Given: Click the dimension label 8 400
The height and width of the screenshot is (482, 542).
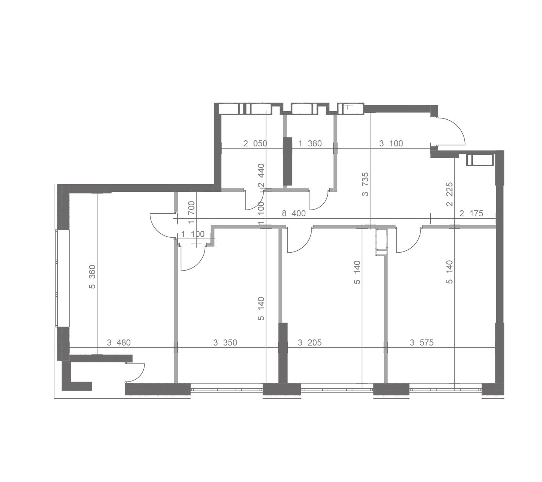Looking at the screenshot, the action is (x=294, y=213).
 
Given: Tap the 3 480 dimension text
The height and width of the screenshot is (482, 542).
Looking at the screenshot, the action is (x=118, y=342).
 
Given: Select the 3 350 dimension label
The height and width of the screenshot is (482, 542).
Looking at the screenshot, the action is (x=225, y=342).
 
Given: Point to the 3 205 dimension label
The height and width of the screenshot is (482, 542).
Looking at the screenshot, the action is (x=310, y=342).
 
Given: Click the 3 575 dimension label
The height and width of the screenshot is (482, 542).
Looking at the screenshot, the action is (x=422, y=342).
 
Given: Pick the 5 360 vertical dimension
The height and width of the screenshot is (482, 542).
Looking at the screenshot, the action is (x=92, y=277).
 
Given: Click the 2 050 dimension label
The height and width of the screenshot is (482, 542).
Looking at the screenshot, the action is (x=255, y=144).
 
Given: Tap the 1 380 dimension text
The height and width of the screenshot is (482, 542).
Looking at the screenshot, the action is (x=310, y=144).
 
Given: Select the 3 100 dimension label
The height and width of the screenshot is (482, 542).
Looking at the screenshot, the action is (x=391, y=144).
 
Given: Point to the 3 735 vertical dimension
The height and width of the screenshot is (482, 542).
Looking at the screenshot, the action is (x=365, y=184).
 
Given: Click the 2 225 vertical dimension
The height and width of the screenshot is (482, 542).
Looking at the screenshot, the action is (x=450, y=194).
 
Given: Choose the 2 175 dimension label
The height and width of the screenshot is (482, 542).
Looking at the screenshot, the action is (x=471, y=213).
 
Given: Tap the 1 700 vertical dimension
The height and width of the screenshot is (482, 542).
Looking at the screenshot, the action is (x=191, y=213).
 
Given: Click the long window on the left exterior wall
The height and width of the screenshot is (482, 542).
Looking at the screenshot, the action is (x=63, y=278).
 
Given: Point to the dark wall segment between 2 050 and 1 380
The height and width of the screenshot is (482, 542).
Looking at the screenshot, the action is (x=287, y=161).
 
